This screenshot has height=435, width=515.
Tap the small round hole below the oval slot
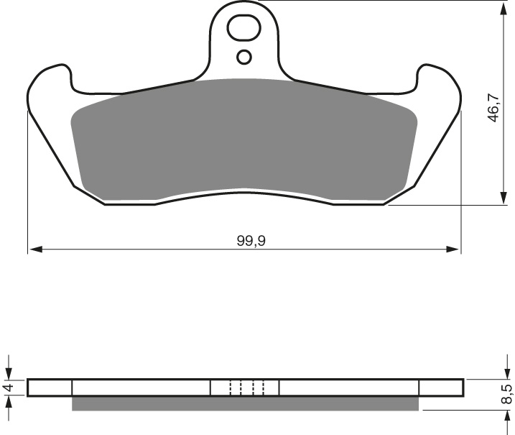coord(244,57)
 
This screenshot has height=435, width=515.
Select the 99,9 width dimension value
coord(251,241)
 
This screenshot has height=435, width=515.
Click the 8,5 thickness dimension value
coord(506,393)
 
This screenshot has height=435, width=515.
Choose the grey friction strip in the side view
coord(244,404)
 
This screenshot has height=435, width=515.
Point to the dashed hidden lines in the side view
coord(247,388)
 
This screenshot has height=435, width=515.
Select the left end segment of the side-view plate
coord(50,388)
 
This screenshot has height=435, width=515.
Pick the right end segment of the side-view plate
coord(441,388)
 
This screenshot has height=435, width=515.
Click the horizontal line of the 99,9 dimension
coord(144,250)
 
